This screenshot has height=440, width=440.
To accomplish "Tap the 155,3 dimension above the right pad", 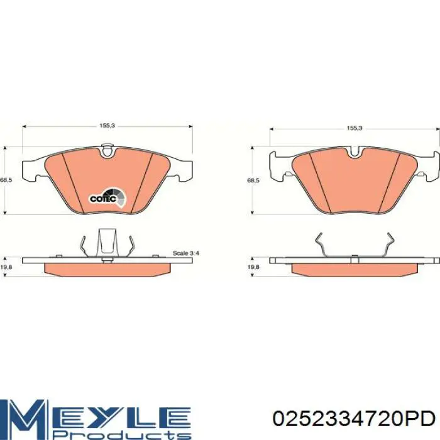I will [x=355, y=128].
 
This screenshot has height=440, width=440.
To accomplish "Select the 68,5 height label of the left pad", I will [x=6, y=180].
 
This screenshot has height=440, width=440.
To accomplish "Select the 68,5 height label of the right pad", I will [x=253, y=181].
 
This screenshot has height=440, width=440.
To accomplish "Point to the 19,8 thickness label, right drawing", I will [x=253, y=267].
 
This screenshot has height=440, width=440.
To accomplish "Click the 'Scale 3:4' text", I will [x=186, y=253].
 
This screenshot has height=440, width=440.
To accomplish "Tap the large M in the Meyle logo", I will [x=25, y=415].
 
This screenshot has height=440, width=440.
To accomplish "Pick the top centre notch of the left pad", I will [x=107, y=150].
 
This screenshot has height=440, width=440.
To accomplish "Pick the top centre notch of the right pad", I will [x=355, y=151].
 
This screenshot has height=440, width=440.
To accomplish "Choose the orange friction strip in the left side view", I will [x=107, y=268].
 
